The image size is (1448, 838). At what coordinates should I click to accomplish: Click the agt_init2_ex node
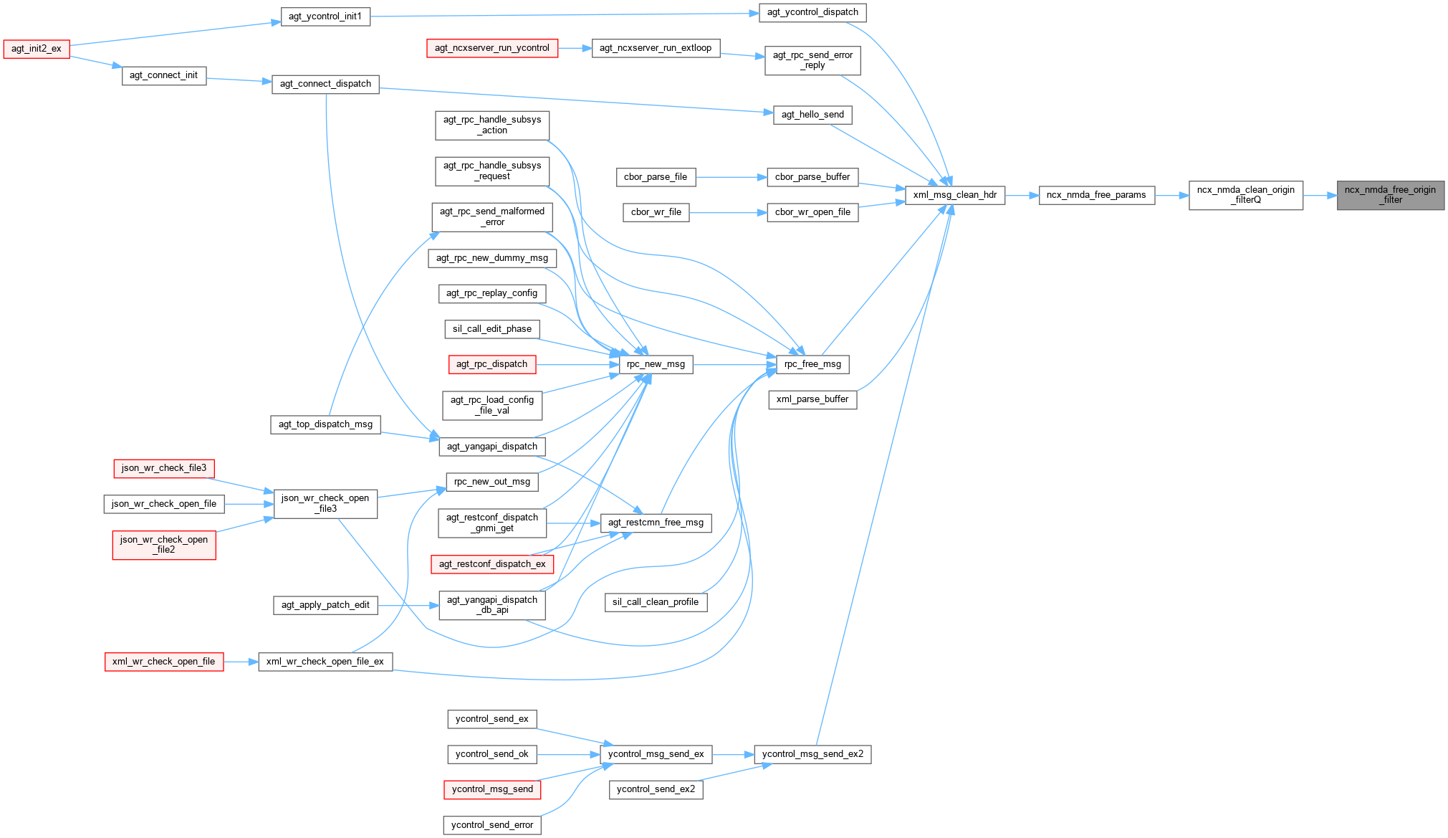[x=37, y=49]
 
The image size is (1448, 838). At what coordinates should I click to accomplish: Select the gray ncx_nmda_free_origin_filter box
[x=1390, y=195]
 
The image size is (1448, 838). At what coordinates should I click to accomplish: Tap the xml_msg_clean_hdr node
[x=955, y=195]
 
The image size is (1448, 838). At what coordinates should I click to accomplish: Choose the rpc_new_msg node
[x=656, y=364]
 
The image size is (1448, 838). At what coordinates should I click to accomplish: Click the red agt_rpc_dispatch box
[x=492, y=364]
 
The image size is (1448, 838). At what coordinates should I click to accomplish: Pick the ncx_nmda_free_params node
[x=1096, y=195]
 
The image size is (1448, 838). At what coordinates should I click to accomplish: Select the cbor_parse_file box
[x=655, y=177]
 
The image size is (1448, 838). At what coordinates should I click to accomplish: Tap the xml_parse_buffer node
[x=812, y=399]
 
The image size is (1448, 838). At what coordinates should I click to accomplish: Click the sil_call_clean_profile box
[x=656, y=602]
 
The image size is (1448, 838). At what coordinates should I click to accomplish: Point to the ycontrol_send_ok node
[x=492, y=754]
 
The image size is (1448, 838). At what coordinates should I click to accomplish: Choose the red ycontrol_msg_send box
[x=492, y=789]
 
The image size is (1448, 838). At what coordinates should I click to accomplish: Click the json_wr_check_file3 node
[x=164, y=468]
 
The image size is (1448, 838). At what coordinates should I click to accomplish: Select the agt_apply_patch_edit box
[x=325, y=605]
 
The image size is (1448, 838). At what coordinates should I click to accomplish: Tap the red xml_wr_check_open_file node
[x=163, y=662]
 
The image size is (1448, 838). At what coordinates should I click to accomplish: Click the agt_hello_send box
[x=812, y=115]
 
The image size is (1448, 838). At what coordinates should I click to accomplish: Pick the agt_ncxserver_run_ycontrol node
[x=492, y=48]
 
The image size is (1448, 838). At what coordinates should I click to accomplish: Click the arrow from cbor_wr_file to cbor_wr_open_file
[x=728, y=212]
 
